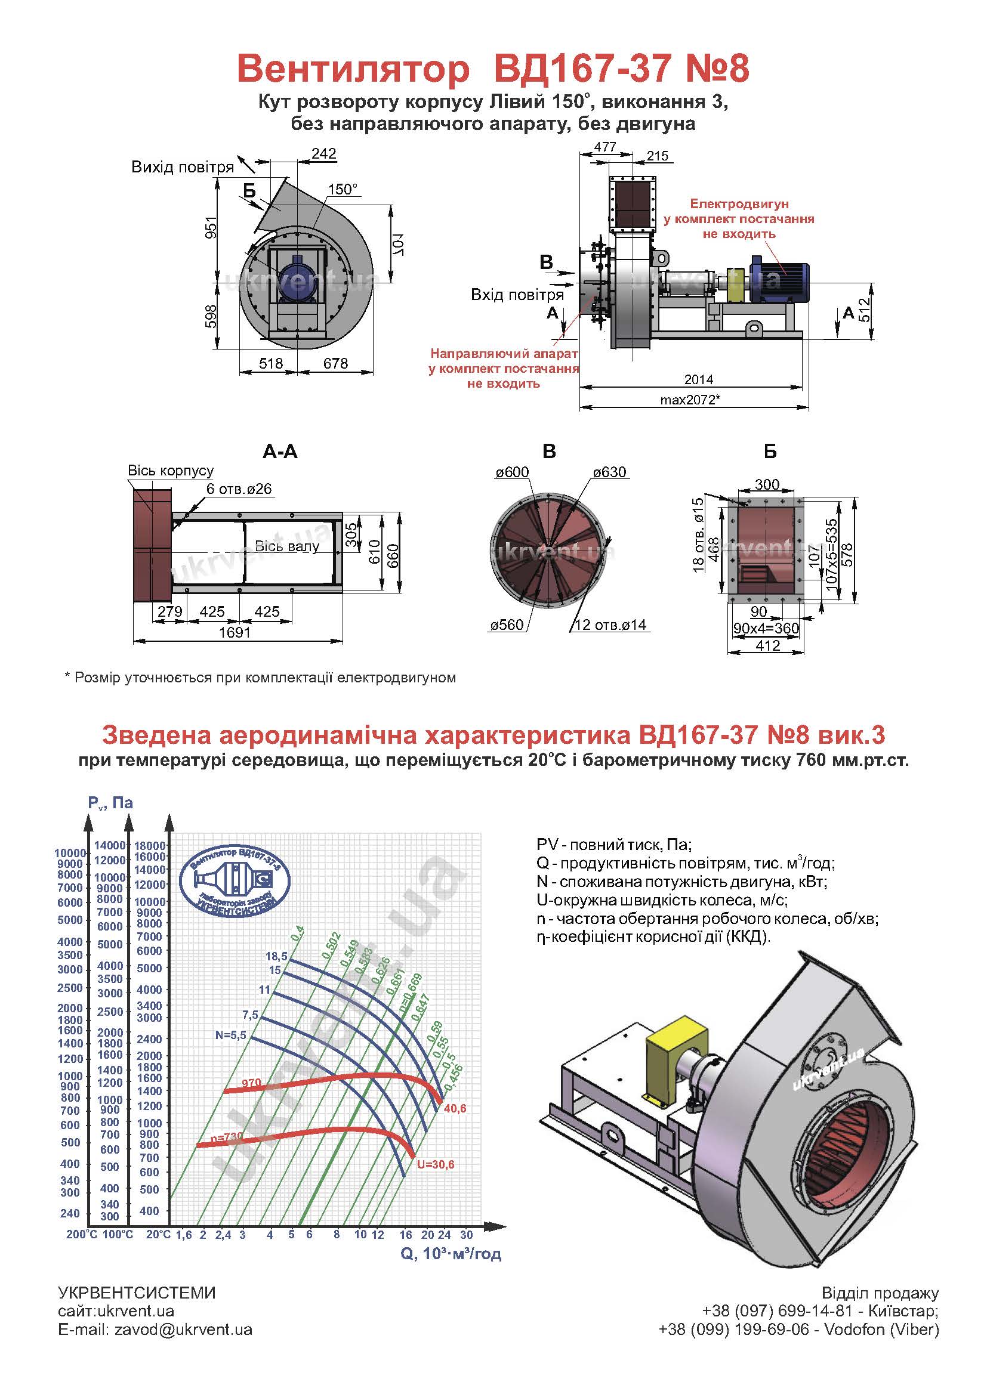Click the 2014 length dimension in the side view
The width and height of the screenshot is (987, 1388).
click(x=698, y=379)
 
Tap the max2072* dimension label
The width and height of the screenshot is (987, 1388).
click(x=690, y=400)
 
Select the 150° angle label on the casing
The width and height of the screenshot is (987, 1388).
click(x=343, y=189)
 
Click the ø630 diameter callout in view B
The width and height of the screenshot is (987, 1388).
click(x=610, y=472)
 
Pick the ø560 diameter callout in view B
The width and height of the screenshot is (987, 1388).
click(x=507, y=625)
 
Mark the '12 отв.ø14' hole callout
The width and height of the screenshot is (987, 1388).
click(x=610, y=625)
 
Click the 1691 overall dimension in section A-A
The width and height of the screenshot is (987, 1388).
click(x=235, y=632)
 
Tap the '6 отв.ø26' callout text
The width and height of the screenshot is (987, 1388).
click(x=239, y=489)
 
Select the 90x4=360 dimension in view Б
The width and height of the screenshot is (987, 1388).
click(x=766, y=628)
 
